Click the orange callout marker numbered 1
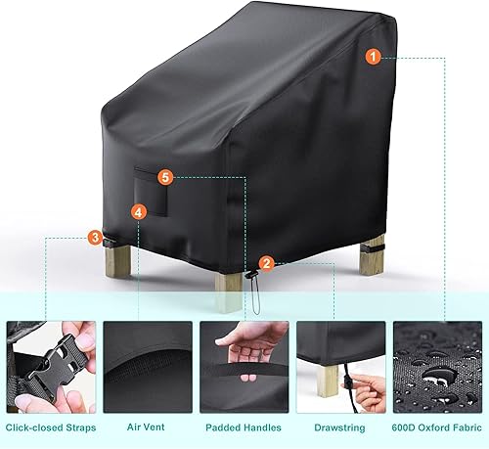pyautogui.click(x=374, y=58)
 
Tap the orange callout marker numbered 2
pyautogui.click(x=267, y=262)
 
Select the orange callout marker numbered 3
pyautogui.click(x=94, y=237)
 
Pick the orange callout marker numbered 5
pyautogui.click(x=165, y=178)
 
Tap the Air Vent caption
pyautogui.click(x=145, y=427)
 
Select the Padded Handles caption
pyautogui.click(x=244, y=427)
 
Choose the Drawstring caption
pyautogui.click(x=341, y=427)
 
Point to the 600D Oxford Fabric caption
pyautogui.click(x=436, y=427)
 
